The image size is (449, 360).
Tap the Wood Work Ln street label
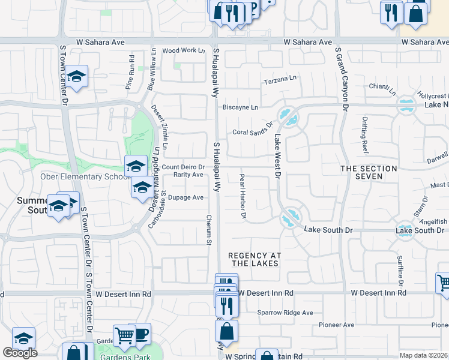point(183,51)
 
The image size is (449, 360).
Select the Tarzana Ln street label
point(280,79)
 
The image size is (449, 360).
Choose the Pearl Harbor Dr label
point(243,196)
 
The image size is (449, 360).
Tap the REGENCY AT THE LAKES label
point(254,259)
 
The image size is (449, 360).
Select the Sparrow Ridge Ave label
point(285,313)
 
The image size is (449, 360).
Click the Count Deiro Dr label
point(183,167)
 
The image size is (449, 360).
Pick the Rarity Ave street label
point(188,175)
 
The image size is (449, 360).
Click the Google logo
point(20,353)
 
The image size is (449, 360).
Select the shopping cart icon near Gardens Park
point(124,336)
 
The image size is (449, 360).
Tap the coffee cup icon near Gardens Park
point(141,333)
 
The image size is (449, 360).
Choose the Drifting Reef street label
point(364,133)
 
